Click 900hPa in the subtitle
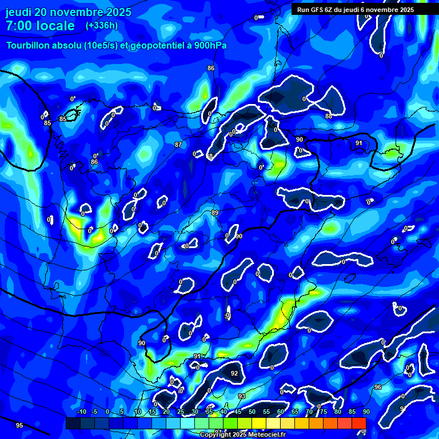(x=210, y=45)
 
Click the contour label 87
(x=178, y=145)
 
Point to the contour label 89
(x=215, y=213)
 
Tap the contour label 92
(x=234, y=373)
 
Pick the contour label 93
(x=242, y=396)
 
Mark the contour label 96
(x=378, y=387)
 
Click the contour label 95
(x=19, y=425)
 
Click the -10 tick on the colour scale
(x=81, y=412)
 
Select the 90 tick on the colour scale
(x=366, y=412)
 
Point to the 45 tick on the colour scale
(x=237, y=412)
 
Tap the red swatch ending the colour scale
(x=359, y=423)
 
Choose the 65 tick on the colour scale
(x=294, y=412)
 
